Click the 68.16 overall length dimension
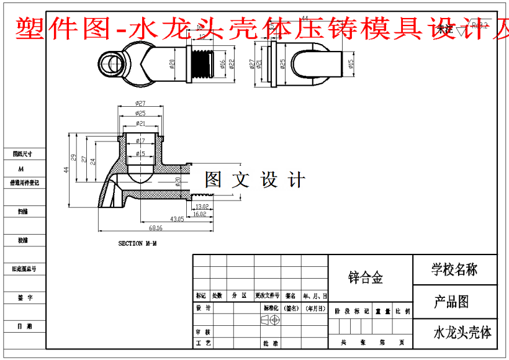click(x=155, y=228)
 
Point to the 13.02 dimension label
click(x=201, y=206)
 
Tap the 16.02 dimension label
click(x=199, y=214)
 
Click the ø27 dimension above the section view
click(x=140, y=103)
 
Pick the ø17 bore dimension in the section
click(x=140, y=141)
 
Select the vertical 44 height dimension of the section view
click(x=66, y=169)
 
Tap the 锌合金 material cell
click(x=366, y=277)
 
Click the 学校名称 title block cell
click(x=454, y=269)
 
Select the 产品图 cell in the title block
click(x=451, y=302)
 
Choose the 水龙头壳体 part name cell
click(x=462, y=333)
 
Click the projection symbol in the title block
click(x=271, y=320)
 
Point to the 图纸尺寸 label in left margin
click(x=22, y=153)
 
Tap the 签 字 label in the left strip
click(x=25, y=299)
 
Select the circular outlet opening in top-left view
click(x=114, y=63)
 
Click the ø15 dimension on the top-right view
click(x=351, y=63)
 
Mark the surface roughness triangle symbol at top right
click(x=460, y=30)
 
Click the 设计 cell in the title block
click(x=203, y=308)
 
